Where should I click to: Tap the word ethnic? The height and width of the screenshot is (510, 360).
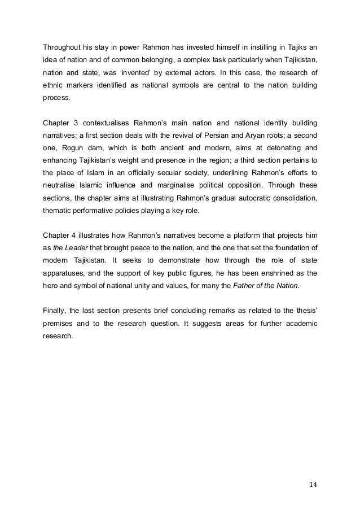point(54,86)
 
